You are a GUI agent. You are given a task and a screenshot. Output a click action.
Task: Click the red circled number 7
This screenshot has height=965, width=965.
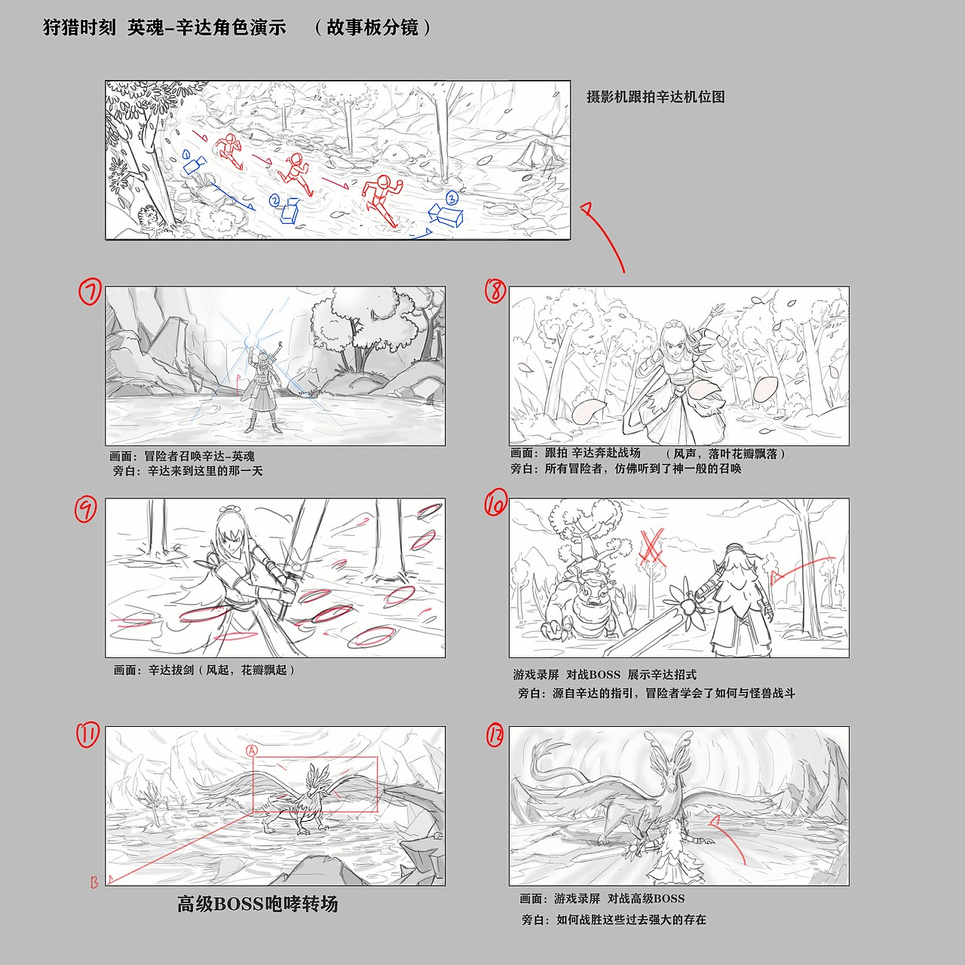[x=90, y=292]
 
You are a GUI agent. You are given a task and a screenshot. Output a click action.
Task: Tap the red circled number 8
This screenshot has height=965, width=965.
[x=496, y=290]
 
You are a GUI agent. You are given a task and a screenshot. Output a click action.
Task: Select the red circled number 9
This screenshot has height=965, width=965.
[x=86, y=510]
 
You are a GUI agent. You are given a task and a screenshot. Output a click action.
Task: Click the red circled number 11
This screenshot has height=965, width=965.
[x=87, y=735]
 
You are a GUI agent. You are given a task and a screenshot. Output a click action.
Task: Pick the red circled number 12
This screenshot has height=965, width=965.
[x=495, y=736]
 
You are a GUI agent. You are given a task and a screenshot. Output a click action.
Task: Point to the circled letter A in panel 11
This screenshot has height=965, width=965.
[x=252, y=750]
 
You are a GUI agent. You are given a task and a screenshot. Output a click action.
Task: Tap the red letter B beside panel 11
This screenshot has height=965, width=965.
[x=94, y=882]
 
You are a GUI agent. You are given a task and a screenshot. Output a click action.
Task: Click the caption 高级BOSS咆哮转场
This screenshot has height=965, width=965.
[x=258, y=904]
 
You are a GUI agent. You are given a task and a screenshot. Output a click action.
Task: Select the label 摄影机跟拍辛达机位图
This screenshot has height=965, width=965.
[x=656, y=96]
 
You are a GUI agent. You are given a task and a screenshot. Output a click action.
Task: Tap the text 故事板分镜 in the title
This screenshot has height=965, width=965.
[x=372, y=28]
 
